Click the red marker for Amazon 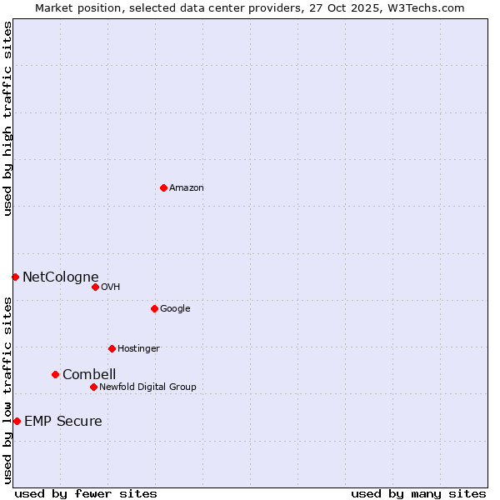(x=163, y=187)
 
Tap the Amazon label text (x=187, y=188)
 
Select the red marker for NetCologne (x=15, y=277)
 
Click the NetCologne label (x=60, y=277)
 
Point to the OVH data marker (x=95, y=287)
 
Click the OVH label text (x=111, y=287)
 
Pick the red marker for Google (x=154, y=308)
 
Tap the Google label (x=175, y=309)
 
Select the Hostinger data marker (x=112, y=348)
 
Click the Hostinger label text (x=138, y=349)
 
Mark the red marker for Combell (x=55, y=374)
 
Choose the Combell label (x=89, y=375)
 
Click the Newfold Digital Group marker (x=93, y=387)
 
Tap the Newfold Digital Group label (x=147, y=387)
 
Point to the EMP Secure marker (x=17, y=421)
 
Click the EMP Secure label (x=63, y=422)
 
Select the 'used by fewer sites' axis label (x=86, y=493)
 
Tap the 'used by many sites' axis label (x=418, y=493)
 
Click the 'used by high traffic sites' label (x=7, y=118)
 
